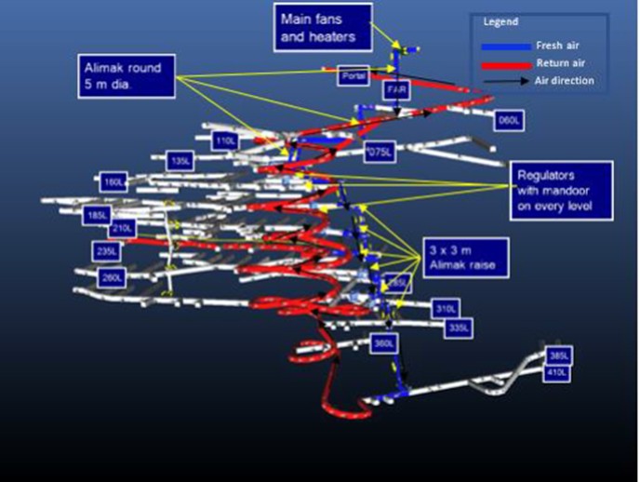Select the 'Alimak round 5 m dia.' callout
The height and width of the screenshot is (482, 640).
(x=127, y=75)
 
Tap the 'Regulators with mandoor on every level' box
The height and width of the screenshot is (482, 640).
(x=561, y=190)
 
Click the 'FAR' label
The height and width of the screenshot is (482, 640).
(x=394, y=89)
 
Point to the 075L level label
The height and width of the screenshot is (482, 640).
(x=380, y=151)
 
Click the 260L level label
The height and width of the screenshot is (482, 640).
(x=113, y=276)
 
